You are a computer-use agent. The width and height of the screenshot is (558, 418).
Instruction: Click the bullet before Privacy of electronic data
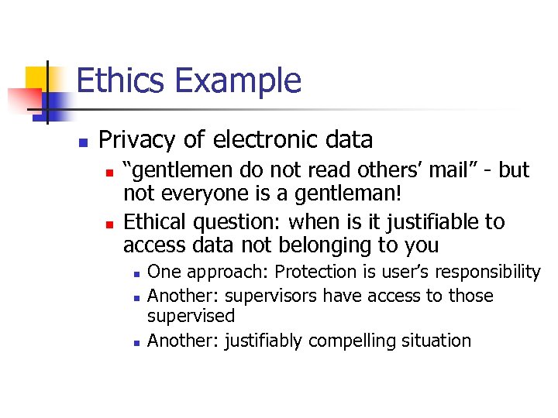pos(81,142)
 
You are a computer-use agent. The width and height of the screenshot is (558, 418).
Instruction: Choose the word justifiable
pos(423,222)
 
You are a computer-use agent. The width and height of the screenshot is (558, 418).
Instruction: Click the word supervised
pos(191,316)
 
